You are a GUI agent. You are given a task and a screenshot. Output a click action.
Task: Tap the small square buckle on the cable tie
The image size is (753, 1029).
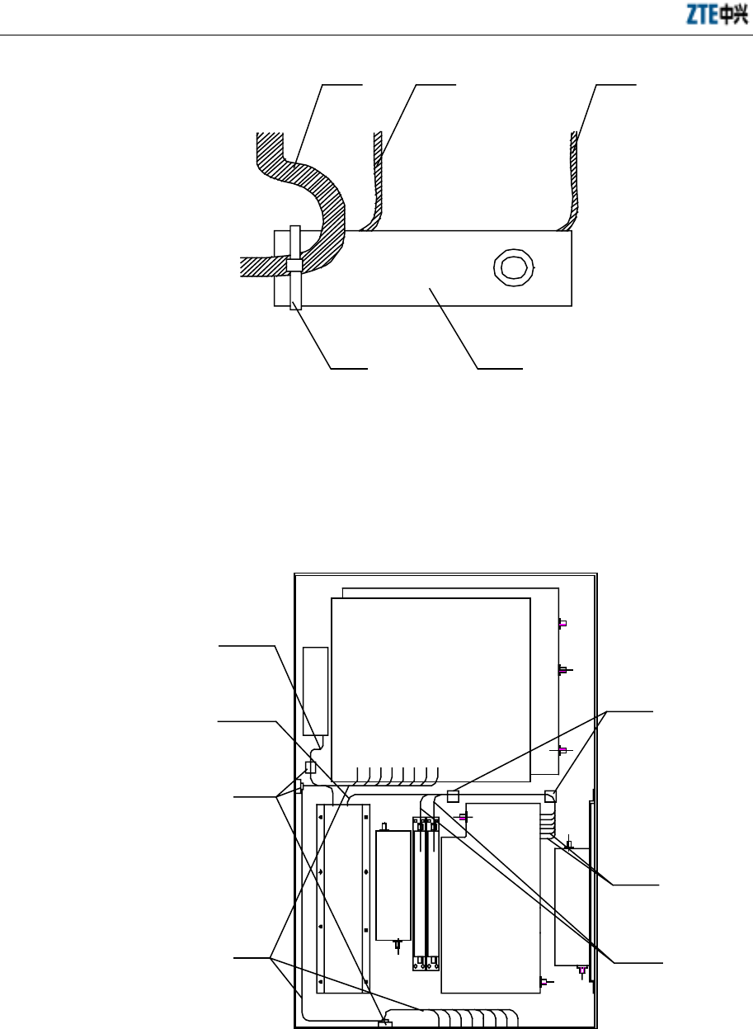click(294, 265)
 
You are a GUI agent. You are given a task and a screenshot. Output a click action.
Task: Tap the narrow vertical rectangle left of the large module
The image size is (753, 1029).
click(316, 692)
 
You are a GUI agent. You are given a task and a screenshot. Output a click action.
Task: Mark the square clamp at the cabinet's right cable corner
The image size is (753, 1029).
click(551, 795)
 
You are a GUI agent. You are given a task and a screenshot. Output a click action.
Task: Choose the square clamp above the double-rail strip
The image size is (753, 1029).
click(453, 795)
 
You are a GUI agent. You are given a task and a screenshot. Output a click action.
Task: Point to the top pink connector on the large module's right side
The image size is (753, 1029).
click(562, 624)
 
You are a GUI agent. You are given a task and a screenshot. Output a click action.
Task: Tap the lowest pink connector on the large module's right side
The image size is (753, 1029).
click(562, 749)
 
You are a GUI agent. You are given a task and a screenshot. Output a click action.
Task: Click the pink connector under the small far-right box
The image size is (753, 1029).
click(582, 971)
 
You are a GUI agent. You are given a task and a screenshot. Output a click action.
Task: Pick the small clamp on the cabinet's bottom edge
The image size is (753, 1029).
click(383, 1024)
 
